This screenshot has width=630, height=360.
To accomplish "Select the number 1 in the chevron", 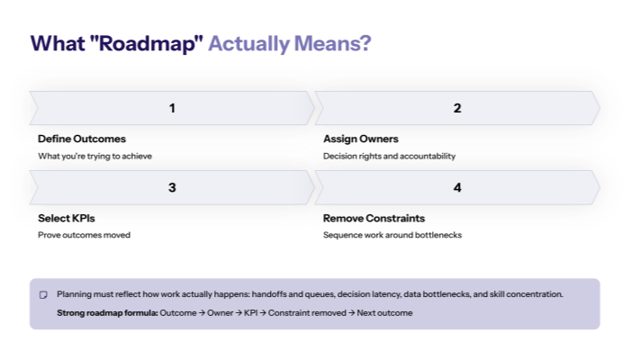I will pyautogui.click(x=172, y=108).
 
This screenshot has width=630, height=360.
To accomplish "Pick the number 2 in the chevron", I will pyautogui.click(x=457, y=108).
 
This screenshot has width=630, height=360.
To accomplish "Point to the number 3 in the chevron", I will pyautogui.click(x=172, y=187).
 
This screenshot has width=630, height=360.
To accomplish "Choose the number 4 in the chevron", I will pyautogui.click(x=457, y=187).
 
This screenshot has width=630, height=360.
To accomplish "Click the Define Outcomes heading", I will pyautogui.click(x=82, y=139).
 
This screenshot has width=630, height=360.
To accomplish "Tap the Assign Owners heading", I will pyautogui.click(x=361, y=139).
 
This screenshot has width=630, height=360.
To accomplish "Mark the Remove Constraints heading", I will pyautogui.click(x=373, y=219).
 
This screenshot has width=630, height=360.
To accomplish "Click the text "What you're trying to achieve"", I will pyautogui.click(x=95, y=156).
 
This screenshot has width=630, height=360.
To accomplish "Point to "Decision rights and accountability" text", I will pyautogui.click(x=390, y=156).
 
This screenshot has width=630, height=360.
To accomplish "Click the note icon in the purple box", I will pyautogui.click(x=42, y=295).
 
